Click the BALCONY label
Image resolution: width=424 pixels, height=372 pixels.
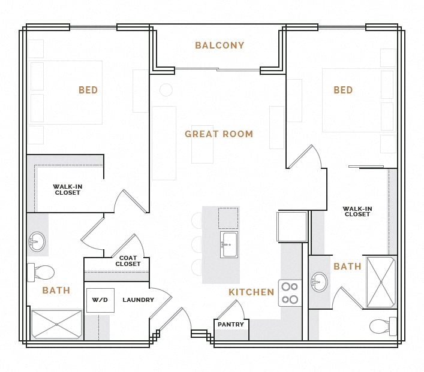219,46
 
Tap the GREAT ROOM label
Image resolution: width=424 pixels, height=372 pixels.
219,134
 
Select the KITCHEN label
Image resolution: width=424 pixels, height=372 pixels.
251,292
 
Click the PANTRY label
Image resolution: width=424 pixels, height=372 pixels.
231,325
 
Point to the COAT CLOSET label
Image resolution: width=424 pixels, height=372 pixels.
128,261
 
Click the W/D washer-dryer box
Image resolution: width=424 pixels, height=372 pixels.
100,300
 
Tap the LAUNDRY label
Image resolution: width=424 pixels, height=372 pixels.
139,300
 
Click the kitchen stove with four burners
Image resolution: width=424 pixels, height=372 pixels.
290,293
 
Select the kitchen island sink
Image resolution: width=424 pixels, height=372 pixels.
229,244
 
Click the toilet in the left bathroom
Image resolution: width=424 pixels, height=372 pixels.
41,273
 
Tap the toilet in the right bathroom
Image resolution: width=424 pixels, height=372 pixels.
381,326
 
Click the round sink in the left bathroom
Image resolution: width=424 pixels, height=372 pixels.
37,242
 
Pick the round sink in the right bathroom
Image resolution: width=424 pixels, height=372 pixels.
320,282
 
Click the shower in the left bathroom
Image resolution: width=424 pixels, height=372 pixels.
56,324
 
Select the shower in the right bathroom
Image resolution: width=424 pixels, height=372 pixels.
381,282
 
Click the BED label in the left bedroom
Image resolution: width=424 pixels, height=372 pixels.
88,90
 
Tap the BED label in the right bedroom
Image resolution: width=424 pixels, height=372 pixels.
343,90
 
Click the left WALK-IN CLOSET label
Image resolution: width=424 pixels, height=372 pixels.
68,190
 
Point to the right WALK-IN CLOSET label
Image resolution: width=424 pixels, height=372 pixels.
357,211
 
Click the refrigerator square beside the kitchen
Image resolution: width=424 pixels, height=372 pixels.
292,226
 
